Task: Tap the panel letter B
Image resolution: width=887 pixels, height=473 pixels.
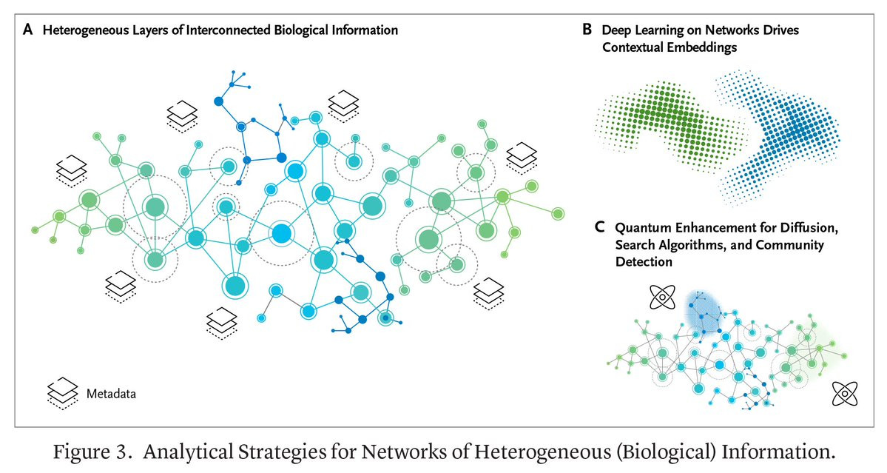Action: coord(587,30)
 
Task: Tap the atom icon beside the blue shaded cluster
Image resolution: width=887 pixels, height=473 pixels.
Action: coord(662,298)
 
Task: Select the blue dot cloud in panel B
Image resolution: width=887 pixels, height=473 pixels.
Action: coord(784,137)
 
